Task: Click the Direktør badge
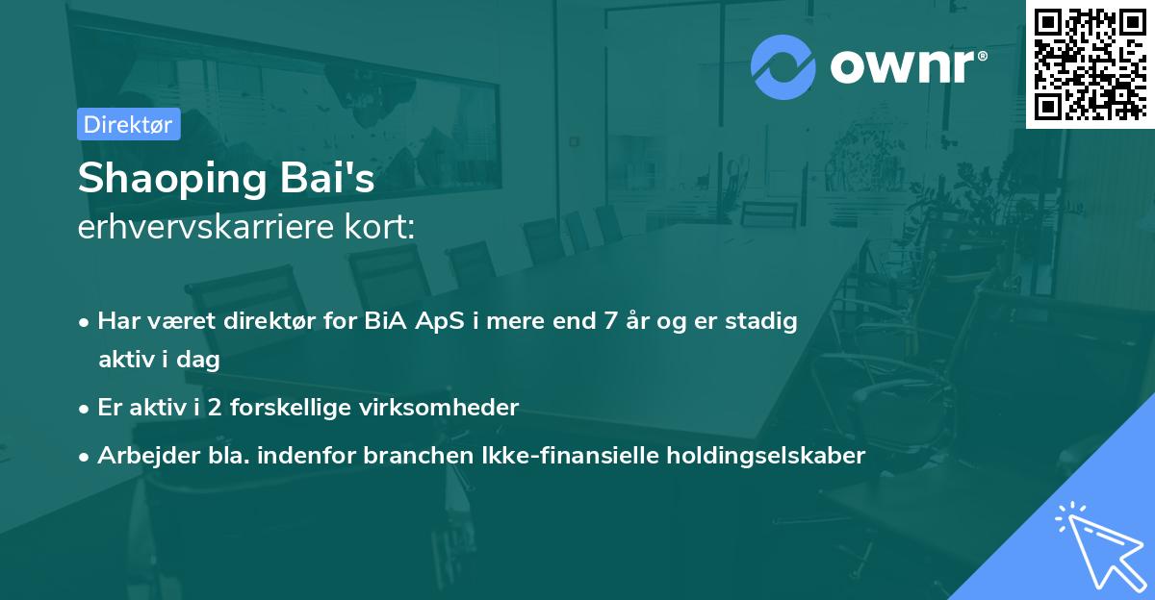coord(128,124)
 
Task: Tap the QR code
coord(1090,64)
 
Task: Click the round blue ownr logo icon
coord(784,66)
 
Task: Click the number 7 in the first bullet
coord(608,321)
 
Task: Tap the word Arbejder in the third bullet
coord(141,456)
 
